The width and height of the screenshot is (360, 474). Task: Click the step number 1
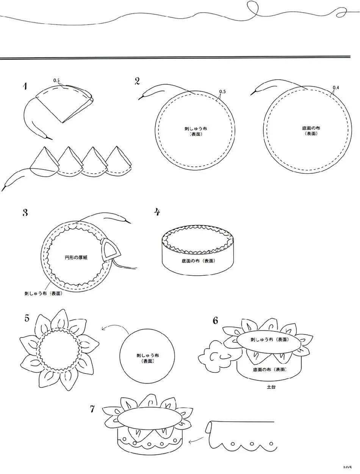25,86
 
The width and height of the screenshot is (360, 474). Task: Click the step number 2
137,80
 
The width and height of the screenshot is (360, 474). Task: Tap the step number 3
25,212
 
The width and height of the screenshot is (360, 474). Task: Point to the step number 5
27,318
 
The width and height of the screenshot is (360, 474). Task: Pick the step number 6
215,320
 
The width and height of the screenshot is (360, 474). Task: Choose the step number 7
92,409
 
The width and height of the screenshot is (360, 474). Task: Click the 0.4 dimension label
336,88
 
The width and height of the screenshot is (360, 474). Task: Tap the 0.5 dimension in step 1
56,80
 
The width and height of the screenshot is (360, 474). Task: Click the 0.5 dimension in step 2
222,92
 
